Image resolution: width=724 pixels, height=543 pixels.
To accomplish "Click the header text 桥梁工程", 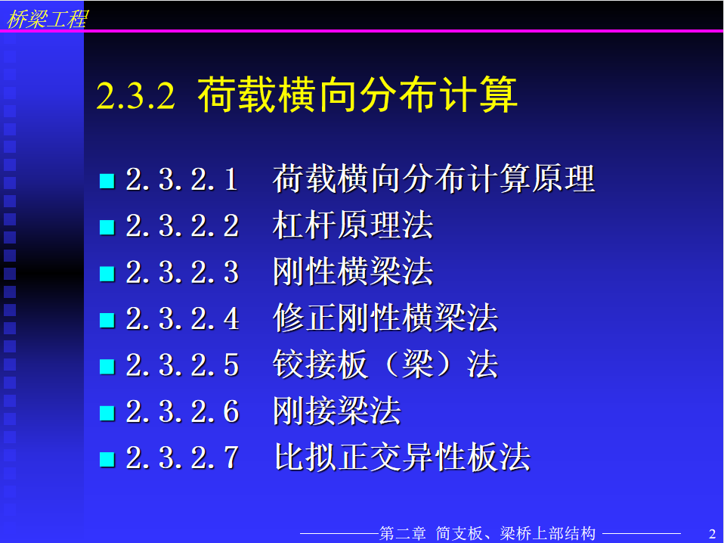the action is pyautogui.click(x=47, y=19).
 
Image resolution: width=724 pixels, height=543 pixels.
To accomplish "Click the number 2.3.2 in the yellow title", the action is pyautogui.click(x=136, y=95).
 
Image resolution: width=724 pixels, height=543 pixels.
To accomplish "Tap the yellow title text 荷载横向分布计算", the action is pyautogui.click(x=357, y=95).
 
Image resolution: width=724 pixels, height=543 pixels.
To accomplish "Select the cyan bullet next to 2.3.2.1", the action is pyautogui.click(x=107, y=181).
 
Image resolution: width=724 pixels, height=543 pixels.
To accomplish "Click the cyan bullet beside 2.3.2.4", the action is pyautogui.click(x=107, y=320).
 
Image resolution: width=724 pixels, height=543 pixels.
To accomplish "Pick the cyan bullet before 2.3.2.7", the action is pyautogui.click(x=107, y=459).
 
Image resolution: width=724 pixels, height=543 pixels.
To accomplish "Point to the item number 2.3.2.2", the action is pyautogui.click(x=182, y=226).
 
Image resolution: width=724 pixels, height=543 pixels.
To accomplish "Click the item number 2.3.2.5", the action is pyautogui.click(x=182, y=365).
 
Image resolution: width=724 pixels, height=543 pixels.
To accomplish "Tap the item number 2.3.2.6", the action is pyautogui.click(x=182, y=411).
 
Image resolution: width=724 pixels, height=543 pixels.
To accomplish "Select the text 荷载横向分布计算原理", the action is pyautogui.click(x=434, y=178).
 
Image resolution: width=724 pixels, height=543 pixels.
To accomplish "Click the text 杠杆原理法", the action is pyautogui.click(x=353, y=225).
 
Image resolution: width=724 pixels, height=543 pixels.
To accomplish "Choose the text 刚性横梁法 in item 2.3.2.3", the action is pyautogui.click(x=353, y=271).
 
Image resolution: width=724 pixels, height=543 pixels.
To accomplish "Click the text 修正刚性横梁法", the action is pyautogui.click(x=385, y=318).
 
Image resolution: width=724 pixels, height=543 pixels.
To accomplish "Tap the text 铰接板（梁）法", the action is pyautogui.click(x=385, y=365).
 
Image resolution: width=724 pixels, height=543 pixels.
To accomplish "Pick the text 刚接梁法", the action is pyautogui.click(x=336, y=411).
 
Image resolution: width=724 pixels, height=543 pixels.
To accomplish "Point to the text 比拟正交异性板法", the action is pyautogui.click(x=401, y=457).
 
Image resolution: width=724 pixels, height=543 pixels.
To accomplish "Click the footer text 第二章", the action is pyautogui.click(x=402, y=533).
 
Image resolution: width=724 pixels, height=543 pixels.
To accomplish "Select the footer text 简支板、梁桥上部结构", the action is pyautogui.click(x=515, y=533).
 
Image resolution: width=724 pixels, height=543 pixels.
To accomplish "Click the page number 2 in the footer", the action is pyautogui.click(x=712, y=534).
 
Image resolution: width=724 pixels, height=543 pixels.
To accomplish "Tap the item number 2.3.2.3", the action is pyautogui.click(x=182, y=272).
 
